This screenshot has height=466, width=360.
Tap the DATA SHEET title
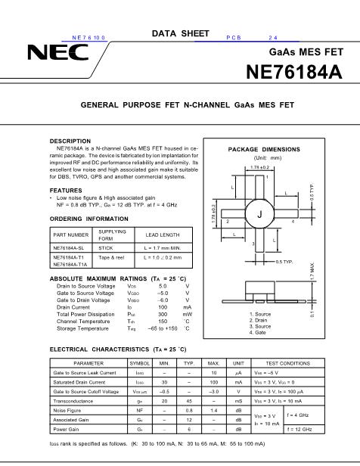(180, 33)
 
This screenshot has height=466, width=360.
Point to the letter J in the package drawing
(259, 215)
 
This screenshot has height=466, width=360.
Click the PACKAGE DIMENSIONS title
(265, 150)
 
